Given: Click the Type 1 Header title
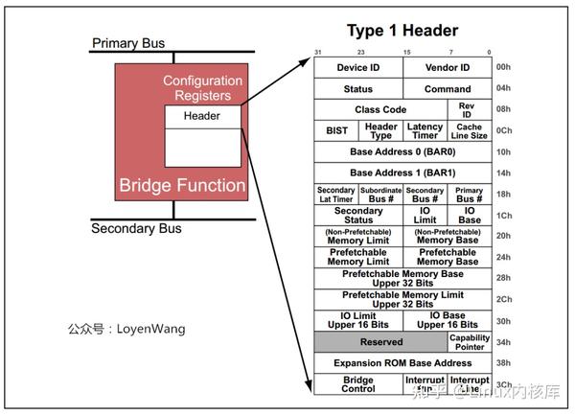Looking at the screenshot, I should pos(402,31).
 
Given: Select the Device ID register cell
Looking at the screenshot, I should pos(358,68).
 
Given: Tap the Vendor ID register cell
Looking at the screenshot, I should pos(448,68).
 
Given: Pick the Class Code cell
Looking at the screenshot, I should pos(380,110).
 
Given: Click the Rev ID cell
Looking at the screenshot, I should pos(469,110).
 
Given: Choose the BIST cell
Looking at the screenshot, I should pos(336,131).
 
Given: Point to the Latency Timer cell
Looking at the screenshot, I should pos(425,131).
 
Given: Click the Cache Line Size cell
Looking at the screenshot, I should pos(470,131).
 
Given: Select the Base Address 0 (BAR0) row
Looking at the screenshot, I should pos(402,151).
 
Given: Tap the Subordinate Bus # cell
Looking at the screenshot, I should pos(380,195).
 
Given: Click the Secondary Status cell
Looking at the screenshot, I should pos(358,216).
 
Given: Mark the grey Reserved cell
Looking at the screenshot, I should pos(380,342).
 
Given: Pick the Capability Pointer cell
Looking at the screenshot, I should pos(470,342).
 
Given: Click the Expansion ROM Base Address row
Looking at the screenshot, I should pos(402,363).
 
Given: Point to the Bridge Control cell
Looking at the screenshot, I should pos(358,384).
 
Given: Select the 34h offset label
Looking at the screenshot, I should pos(504,342).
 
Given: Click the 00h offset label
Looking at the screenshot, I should pos(504,68).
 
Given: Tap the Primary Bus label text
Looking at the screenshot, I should pos(129,43).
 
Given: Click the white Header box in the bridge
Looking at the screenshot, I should pos(202,116).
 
